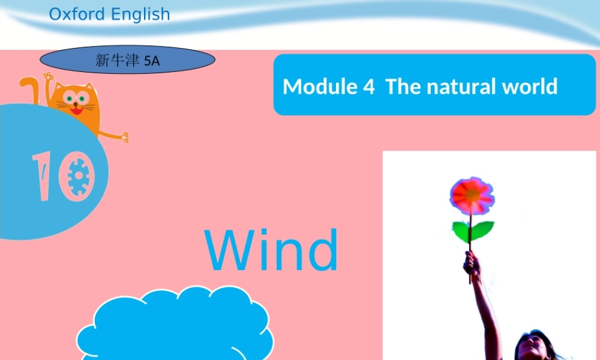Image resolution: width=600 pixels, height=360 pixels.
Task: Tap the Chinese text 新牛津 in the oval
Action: tap(118, 61)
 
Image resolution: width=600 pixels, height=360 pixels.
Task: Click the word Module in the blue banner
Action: tap(320, 86)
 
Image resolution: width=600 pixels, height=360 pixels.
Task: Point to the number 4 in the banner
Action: tap(368, 86)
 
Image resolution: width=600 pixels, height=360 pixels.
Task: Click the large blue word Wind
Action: tap(272, 250)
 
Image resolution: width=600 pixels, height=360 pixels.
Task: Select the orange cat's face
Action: tap(76, 101)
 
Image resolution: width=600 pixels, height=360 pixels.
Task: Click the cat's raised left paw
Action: tap(47, 77)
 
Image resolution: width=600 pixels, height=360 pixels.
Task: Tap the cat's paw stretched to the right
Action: tap(123, 137)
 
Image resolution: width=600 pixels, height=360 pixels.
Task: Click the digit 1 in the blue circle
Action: tap(44, 175)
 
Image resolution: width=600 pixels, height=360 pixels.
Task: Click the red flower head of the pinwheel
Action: tap(472, 196)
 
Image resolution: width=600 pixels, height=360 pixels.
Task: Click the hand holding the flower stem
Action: tap(472, 263)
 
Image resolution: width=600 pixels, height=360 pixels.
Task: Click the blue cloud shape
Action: tap(174, 327)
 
